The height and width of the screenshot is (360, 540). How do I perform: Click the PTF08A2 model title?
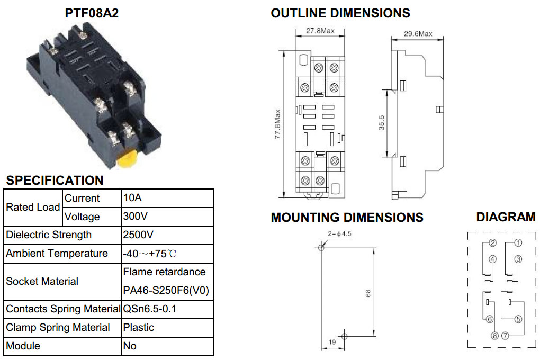click(x=92, y=13)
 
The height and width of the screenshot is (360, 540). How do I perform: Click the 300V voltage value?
click(x=136, y=217)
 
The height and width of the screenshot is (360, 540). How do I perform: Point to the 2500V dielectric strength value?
click(x=138, y=235)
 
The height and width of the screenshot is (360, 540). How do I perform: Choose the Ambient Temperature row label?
click(x=57, y=253)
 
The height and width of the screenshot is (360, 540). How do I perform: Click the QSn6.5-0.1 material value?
click(x=149, y=309)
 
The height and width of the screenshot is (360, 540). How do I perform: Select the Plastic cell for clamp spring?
click(x=139, y=327)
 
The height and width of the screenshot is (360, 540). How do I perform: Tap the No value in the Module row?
click(x=130, y=346)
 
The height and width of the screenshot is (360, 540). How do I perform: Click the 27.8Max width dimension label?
click(x=320, y=31)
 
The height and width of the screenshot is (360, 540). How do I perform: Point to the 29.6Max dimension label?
click(x=418, y=34)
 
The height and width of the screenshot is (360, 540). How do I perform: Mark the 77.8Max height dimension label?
click(x=277, y=124)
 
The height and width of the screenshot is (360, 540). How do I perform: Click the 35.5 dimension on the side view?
click(x=382, y=123)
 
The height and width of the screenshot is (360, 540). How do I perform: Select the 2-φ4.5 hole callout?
click(x=339, y=234)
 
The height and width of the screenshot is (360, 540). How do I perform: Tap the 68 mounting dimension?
click(x=368, y=293)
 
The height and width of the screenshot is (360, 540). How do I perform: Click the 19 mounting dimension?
click(x=332, y=342)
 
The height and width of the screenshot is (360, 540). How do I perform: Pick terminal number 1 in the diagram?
click(x=518, y=243)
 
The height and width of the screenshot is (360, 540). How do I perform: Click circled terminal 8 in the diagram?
click(x=494, y=336)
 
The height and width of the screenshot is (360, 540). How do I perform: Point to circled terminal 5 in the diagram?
click(x=518, y=319)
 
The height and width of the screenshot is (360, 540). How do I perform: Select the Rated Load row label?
click(x=33, y=207)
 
